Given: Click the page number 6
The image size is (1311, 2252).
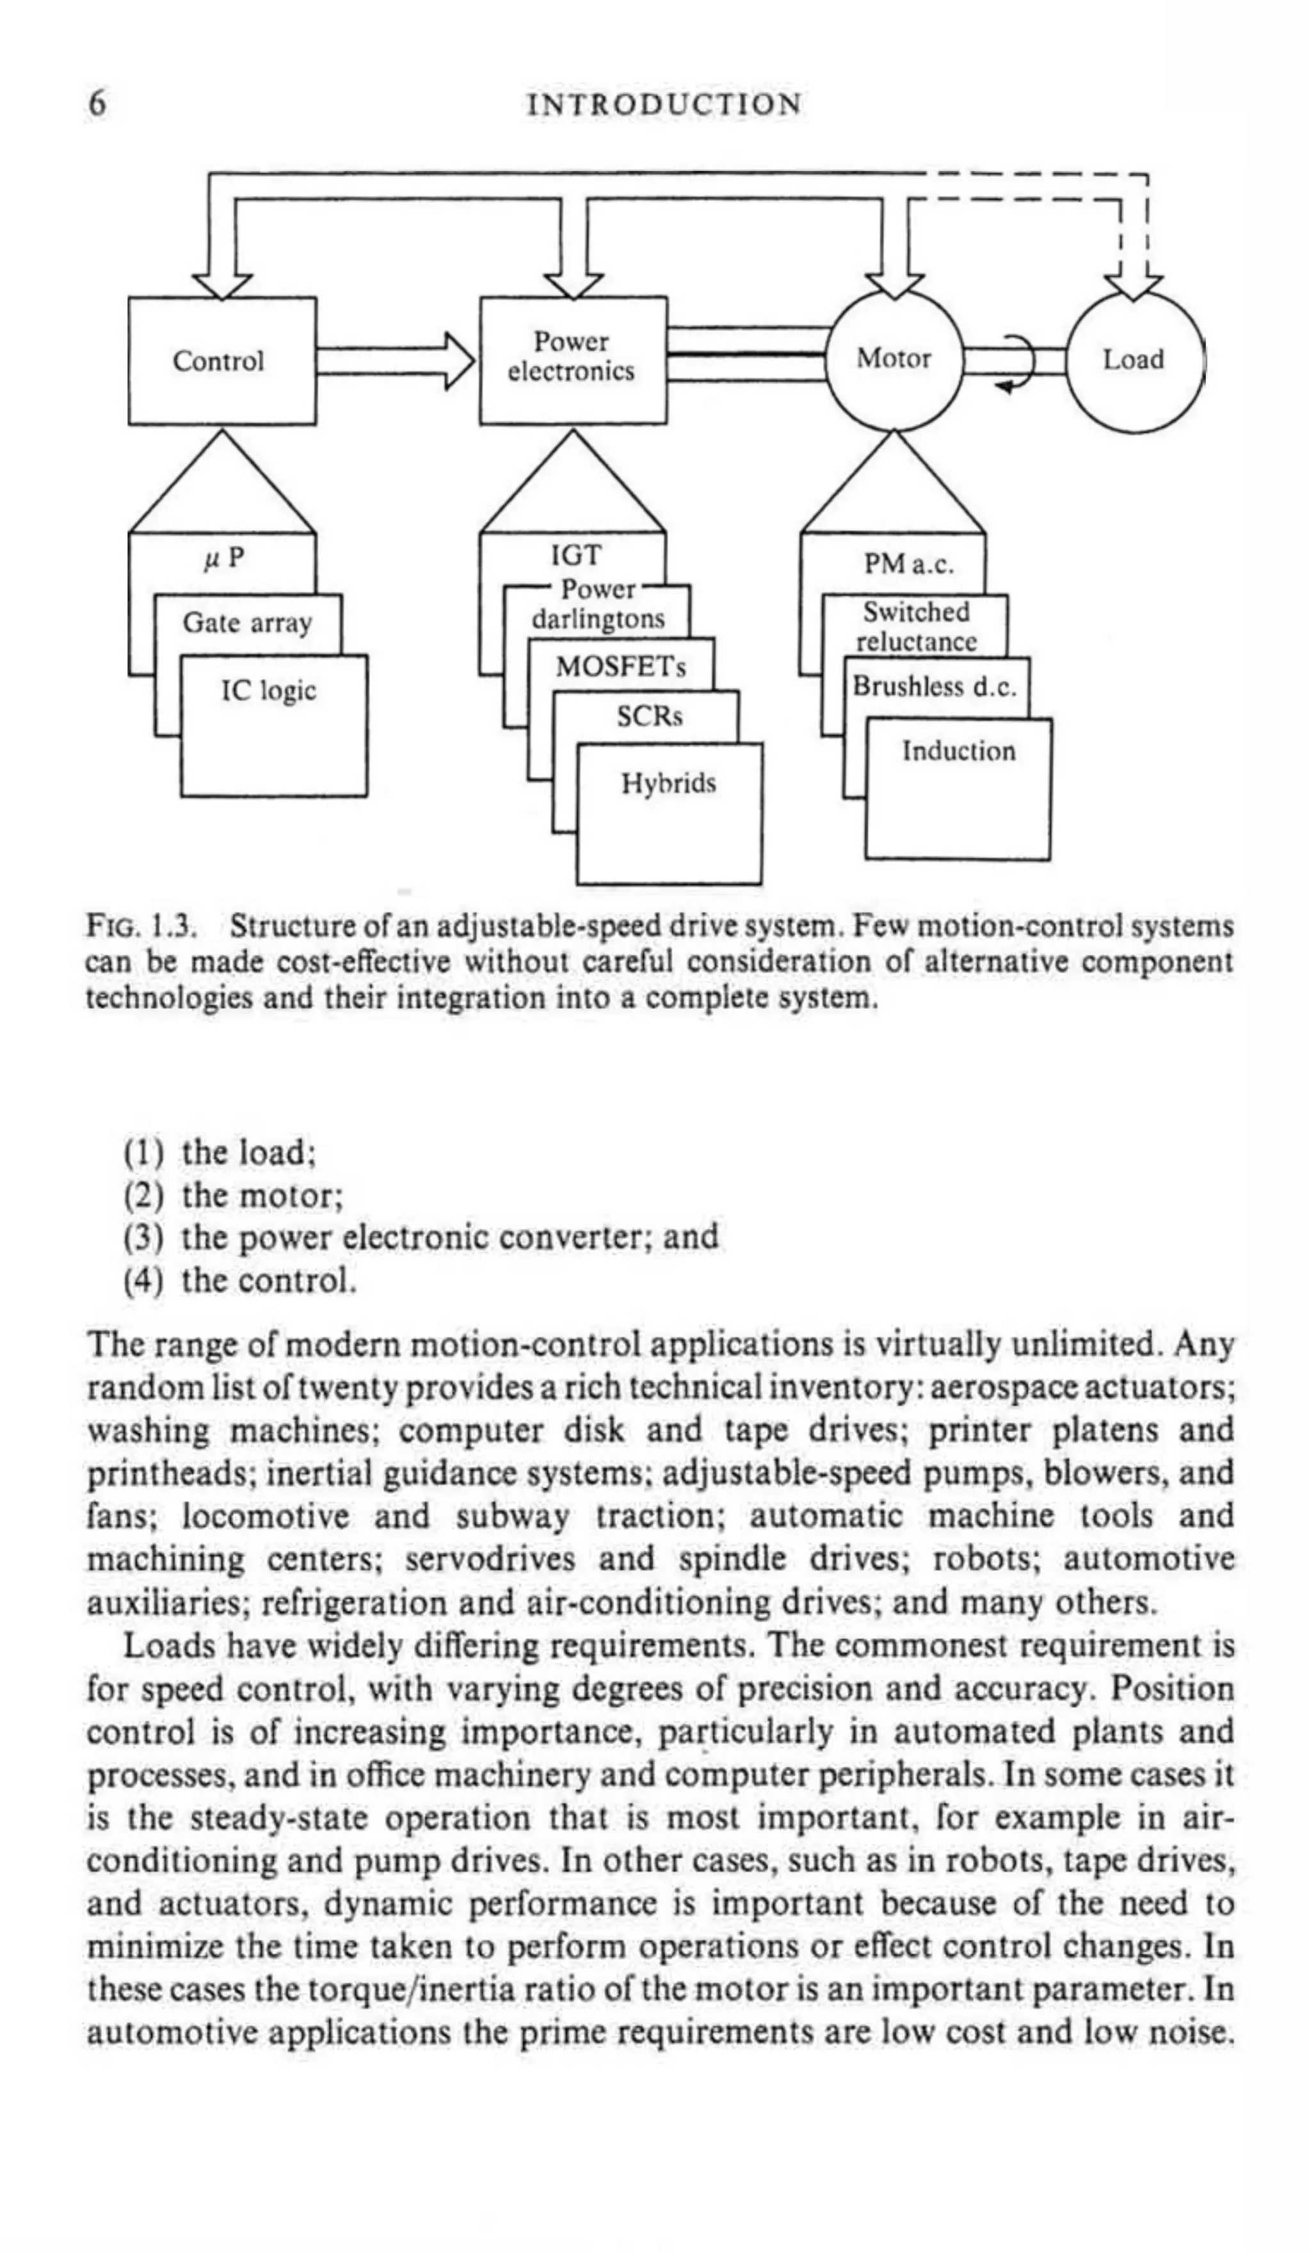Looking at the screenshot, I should tap(97, 104).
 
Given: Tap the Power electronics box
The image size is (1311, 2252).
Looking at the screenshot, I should tap(572, 357).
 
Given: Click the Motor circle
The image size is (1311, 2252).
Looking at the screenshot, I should tap(893, 359).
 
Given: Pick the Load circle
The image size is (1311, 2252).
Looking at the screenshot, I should tap(1133, 360).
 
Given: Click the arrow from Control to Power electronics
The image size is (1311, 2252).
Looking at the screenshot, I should tap(393, 361).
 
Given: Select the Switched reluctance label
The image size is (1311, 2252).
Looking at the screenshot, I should tap(916, 627).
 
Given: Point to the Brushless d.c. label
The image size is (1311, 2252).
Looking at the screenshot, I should tap(935, 686).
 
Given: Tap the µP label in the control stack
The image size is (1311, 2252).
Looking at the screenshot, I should tap(223, 559).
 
